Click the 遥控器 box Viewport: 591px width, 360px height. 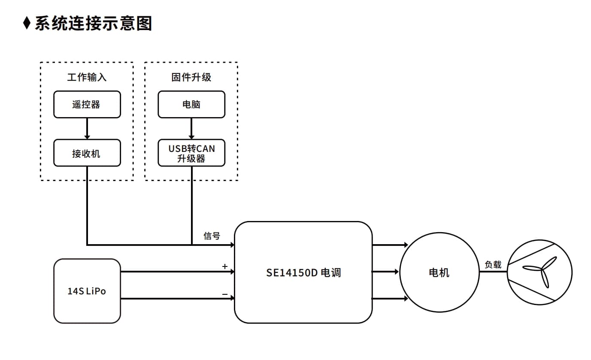[87, 104]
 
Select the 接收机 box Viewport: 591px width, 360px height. [87, 153]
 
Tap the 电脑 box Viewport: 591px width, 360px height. [191, 104]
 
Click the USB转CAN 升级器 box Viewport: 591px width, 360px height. [191, 153]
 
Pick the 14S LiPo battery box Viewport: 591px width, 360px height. [87, 291]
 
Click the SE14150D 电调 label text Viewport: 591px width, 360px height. [303, 273]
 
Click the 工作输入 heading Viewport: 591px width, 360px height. [87, 77]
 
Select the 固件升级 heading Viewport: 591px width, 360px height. [191, 77]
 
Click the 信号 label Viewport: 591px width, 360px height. [212, 236]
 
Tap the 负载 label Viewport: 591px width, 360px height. [493, 264]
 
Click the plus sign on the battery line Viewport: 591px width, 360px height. [225, 266]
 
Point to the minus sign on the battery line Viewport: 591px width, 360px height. [225, 294]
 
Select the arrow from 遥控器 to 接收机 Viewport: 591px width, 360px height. [87, 129]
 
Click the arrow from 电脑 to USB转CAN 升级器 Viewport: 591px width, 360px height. [191, 129]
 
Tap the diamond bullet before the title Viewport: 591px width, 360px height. [27, 23]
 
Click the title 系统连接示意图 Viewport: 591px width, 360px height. [94, 23]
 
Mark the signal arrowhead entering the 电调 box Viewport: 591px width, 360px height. [232, 245]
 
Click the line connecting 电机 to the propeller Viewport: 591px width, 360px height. [493, 272]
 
